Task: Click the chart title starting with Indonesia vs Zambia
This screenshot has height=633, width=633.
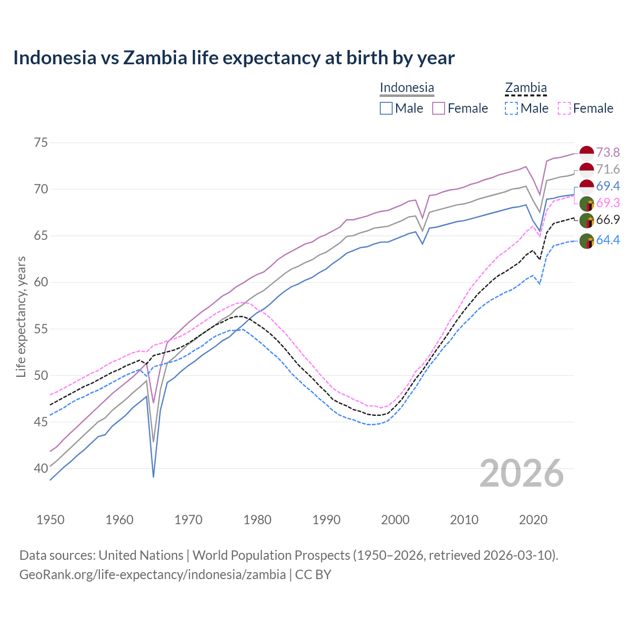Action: (233, 58)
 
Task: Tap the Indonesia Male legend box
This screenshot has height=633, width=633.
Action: (386, 108)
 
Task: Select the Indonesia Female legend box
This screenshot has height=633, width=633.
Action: (439, 108)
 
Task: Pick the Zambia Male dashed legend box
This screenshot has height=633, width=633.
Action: (511, 108)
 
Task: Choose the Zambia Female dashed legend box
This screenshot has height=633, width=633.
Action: (564, 108)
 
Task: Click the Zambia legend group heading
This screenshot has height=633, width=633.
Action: (526, 88)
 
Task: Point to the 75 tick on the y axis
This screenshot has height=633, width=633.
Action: (41, 143)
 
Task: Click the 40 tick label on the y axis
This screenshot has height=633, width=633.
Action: (41, 468)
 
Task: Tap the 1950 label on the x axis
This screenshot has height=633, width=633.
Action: (50, 520)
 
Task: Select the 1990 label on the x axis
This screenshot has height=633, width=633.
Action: (326, 520)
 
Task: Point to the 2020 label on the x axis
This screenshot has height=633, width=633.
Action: (533, 520)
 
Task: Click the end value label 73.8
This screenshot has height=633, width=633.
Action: (608, 152)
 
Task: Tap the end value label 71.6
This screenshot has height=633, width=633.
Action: (608, 170)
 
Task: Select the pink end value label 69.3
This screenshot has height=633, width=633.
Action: (608, 203)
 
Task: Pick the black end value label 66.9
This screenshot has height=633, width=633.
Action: (608, 220)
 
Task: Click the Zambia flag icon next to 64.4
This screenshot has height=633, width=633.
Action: (587, 241)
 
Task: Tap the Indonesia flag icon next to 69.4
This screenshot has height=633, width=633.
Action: (587, 187)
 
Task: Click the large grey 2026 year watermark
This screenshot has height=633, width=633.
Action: (522, 473)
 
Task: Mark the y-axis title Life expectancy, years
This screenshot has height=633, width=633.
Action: (21, 316)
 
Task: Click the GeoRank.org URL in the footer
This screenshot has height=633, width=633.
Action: (152, 575)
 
